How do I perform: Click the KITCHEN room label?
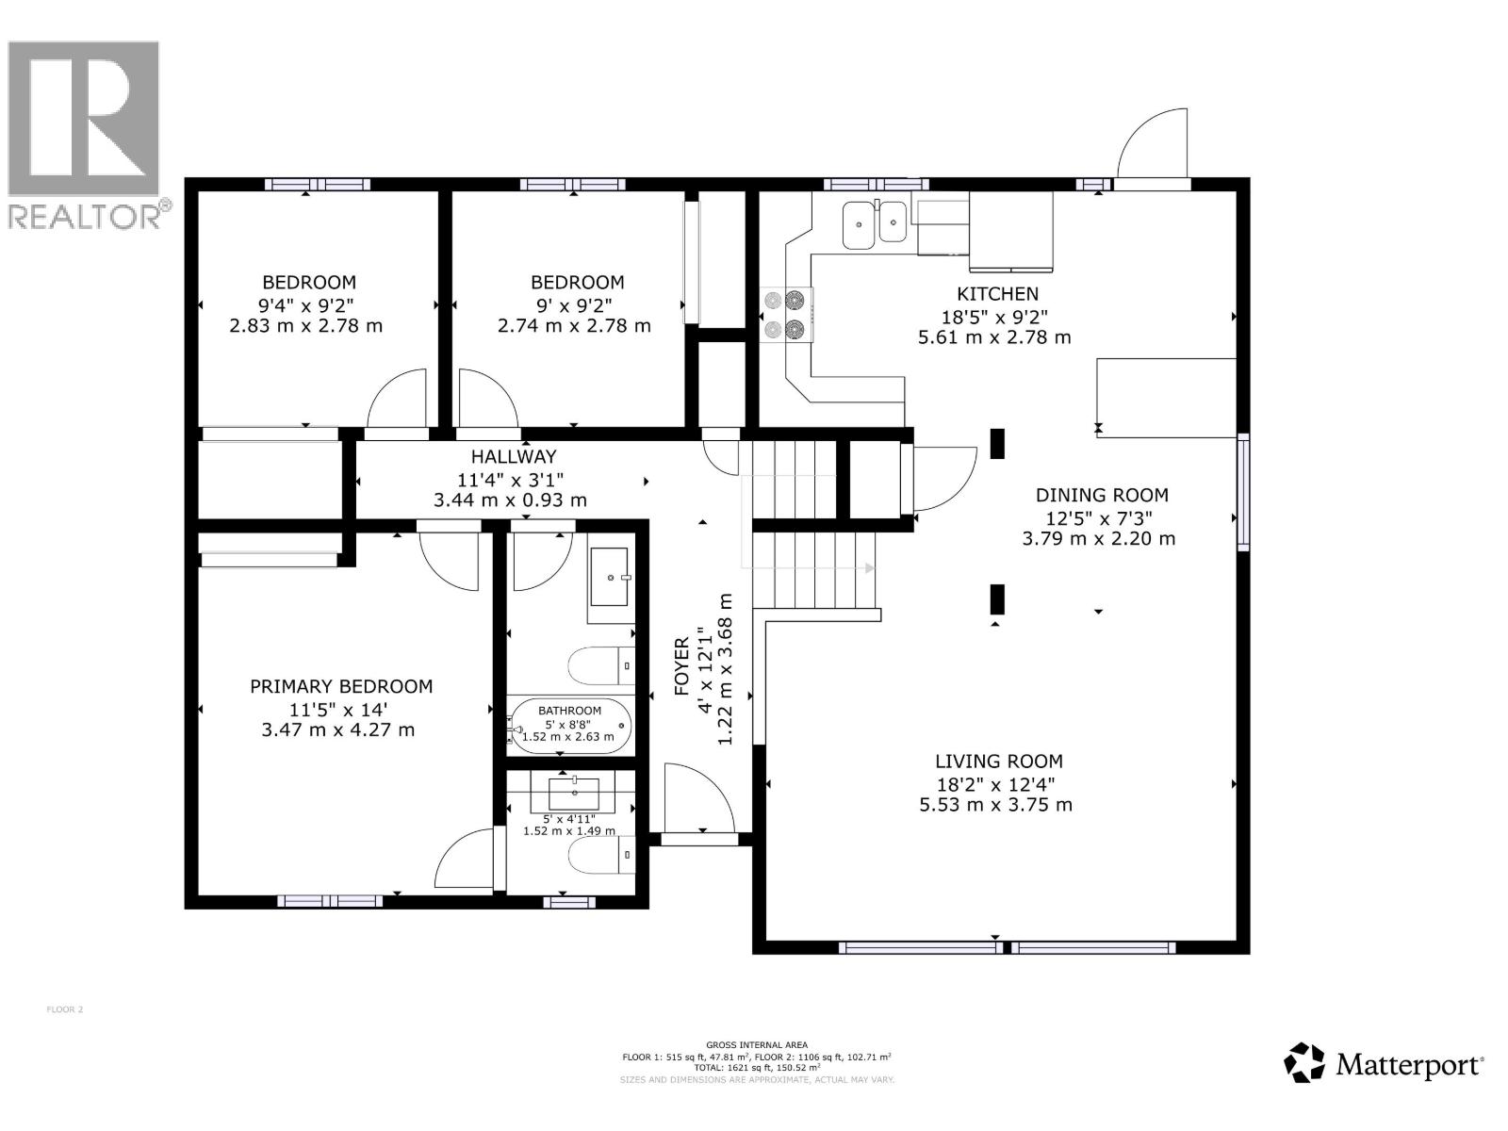[997, 294]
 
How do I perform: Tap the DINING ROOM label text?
[1101, 495]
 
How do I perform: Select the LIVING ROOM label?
[998, 762]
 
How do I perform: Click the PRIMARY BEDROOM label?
[341, 687]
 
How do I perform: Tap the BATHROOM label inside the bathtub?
[569, 711]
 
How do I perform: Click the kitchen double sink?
[874, 224]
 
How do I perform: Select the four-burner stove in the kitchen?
[786, 315]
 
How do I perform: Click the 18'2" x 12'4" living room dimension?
[994, 784]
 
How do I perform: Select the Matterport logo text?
[1409, 1066]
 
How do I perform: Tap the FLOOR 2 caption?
[65, 1009]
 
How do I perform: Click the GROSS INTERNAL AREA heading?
[756, 1044]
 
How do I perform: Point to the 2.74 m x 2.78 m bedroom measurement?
[574, 326]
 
